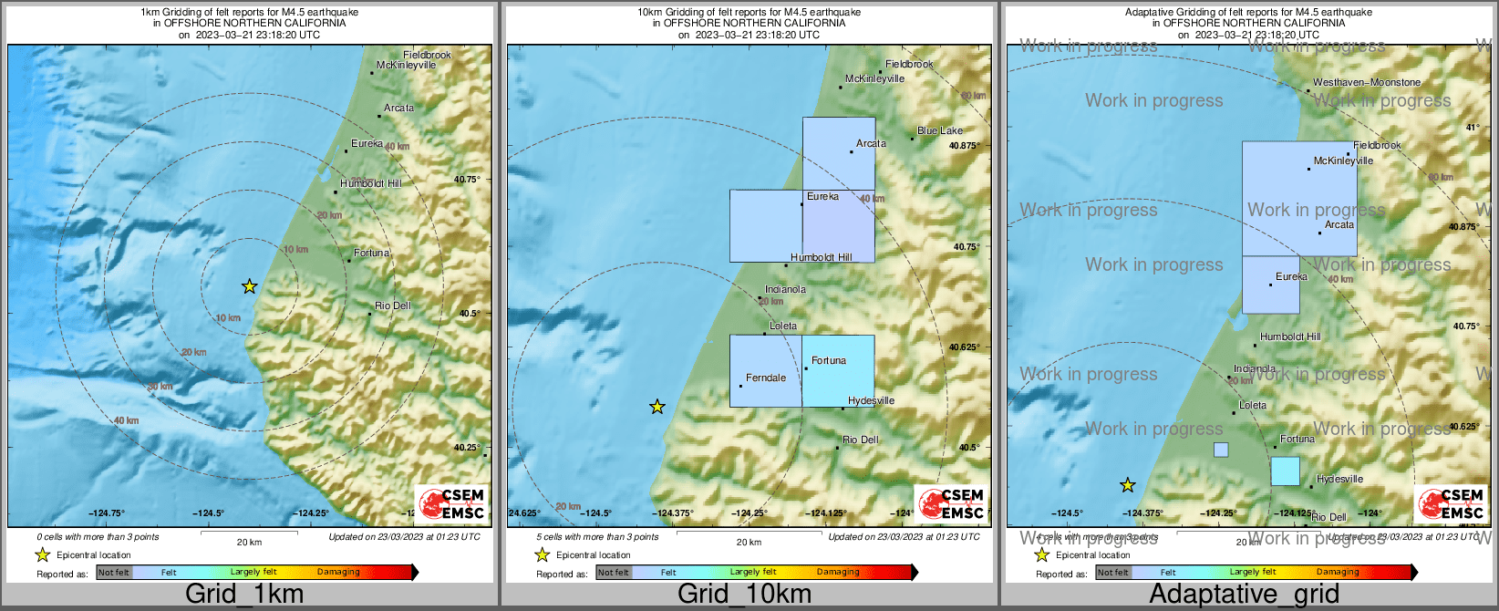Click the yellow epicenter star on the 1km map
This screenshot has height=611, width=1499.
[x=249, y=286]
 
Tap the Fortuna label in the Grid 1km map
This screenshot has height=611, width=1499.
[x=371, y=253]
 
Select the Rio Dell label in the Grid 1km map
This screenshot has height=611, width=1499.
[x=393, y=305]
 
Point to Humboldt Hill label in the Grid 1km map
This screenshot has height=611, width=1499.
[x=370, y=183]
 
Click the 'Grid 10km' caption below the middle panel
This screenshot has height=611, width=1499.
[x=744, y=595]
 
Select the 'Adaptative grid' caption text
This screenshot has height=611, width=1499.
[x=1244, y=595]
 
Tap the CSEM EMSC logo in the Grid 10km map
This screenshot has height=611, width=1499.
[x=951, y=503]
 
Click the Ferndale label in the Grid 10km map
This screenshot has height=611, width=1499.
[x=766, y=378]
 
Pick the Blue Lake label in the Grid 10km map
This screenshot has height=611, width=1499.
[x=940, y=130]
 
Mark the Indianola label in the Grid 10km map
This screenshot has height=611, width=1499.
[x=785, y=289]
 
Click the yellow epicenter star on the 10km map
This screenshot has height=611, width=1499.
[x=657, y=407]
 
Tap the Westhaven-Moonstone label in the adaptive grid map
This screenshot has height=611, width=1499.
[x=1367, y=82]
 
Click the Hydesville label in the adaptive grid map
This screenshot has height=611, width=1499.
[x=1339, y=479]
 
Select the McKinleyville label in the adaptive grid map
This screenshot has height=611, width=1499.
[x=1343, y=161]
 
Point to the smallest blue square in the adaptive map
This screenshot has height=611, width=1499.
[x=1221, y=450]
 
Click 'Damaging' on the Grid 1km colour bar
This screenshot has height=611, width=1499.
[x=338, y=572]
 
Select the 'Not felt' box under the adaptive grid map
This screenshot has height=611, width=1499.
[x=1113, y=572]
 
